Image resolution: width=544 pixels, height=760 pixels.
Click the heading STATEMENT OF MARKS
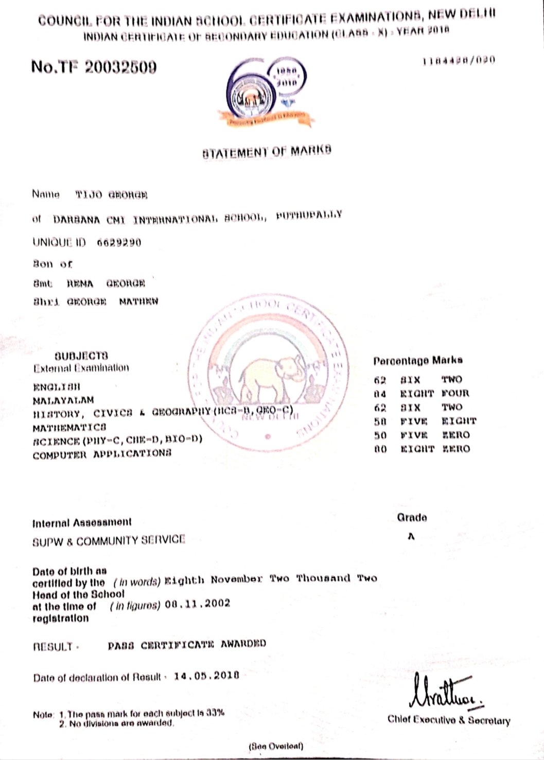(x=267, y=151)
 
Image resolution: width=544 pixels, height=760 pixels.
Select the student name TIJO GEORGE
(x=111, y=195)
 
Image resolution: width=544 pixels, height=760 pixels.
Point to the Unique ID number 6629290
(x=119, y=243)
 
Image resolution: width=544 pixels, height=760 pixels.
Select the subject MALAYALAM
(x=63, y=400)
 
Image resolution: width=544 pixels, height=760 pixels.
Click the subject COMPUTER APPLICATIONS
(x=102, y=454)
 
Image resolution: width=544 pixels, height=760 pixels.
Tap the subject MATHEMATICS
(x=69, y=427)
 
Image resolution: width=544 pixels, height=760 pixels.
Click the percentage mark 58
(x=380, y=421)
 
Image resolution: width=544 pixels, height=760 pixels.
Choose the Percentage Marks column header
(x=418, y=361)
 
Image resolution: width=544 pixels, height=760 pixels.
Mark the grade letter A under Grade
(x=411, y=536)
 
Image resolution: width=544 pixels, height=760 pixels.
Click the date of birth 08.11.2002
(x=198, y=603)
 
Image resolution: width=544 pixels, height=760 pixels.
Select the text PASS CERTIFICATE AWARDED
(x=187, y=645)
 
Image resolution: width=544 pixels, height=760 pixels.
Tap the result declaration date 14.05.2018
(x=206, y=675)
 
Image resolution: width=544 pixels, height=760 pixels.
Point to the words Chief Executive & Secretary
(x=449, y=720)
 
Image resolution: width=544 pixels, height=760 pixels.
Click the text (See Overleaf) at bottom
(x=276, y=746)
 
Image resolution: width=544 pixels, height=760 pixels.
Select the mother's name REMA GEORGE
(x=106, y=283)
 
